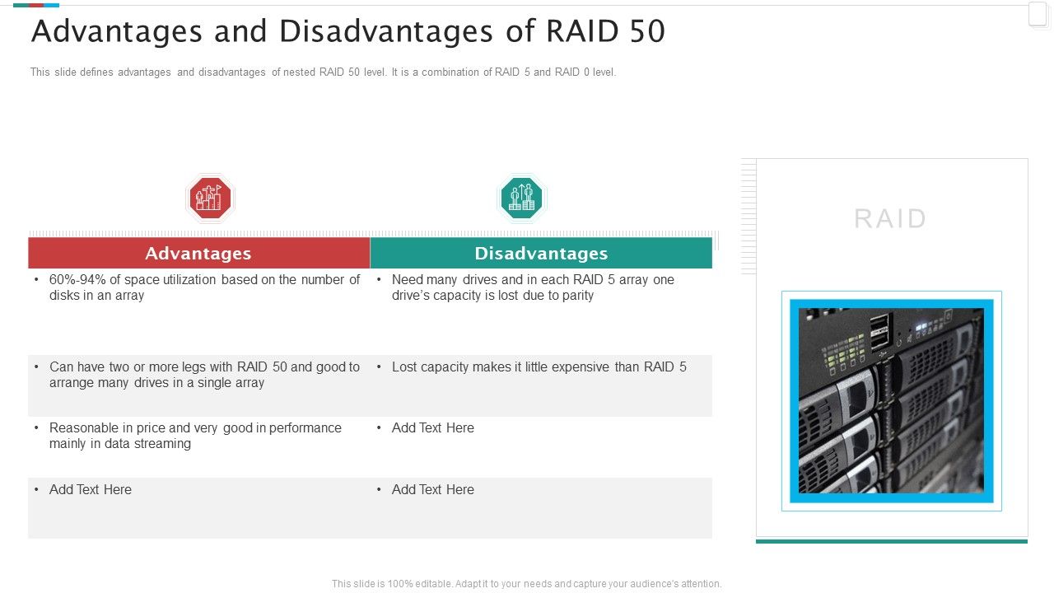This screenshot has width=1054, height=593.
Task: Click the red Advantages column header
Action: [x=198, y=254]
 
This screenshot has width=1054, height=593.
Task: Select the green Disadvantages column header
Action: [x=541, y=254]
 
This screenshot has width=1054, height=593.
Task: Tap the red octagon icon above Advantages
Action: [x=210, y=198]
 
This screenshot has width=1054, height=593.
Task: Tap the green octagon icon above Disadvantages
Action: [x=521, y=198]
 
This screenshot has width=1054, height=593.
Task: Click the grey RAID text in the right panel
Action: [x=890, y=219]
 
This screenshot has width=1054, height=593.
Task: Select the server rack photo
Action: [x=891, y=401]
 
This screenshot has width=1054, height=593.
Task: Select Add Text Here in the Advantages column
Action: [x=91, y=490]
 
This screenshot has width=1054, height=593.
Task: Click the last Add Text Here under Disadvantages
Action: [x=433, y=490]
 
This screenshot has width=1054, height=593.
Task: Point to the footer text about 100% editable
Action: [x=526, y=584]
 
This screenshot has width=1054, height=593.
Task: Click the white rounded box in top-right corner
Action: [x=1038, y=15]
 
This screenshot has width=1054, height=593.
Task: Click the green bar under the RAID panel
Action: [x=891, y=541]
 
